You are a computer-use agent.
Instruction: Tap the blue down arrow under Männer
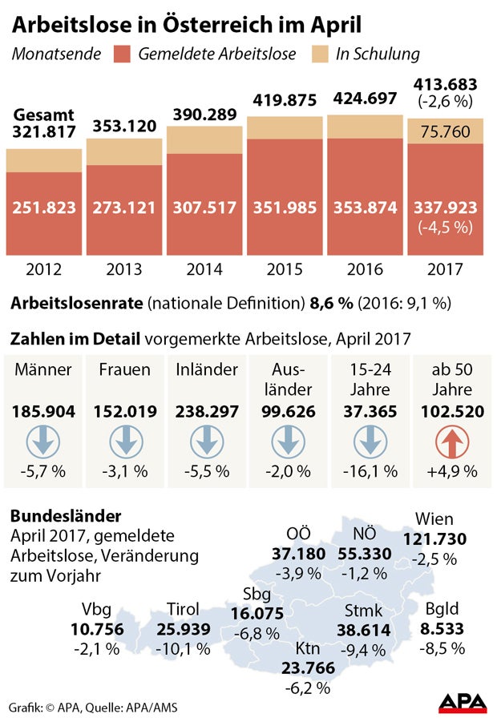point(44,442)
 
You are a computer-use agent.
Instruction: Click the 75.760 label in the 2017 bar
point(445,131)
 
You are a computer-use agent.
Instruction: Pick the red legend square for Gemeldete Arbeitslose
point(122,54)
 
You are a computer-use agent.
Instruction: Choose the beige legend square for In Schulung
point(319,54)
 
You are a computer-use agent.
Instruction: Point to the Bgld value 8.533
point(443,629)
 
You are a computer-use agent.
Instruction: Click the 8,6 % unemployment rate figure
point(329,304)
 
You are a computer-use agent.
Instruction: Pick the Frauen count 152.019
point(123,412)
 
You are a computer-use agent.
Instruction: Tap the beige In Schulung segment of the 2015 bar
point(285,127)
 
